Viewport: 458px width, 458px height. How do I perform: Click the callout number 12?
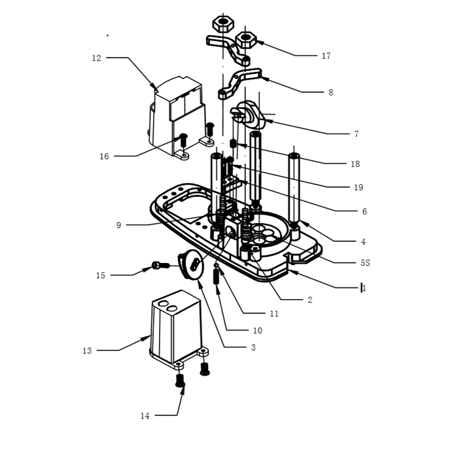click(96, 58)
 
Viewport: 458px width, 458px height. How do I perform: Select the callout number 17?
click(326, 56)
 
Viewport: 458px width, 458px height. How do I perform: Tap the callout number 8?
click(330, 93)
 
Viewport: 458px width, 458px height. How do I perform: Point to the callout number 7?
click(356, 134)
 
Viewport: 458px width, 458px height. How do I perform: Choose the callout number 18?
click(355, 164)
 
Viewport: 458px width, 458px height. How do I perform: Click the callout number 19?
click(358, 188)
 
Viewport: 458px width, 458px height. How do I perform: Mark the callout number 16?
click(104, 156)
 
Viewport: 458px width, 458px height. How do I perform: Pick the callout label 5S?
click(364, 263)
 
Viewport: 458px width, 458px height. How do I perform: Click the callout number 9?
click(118, 225)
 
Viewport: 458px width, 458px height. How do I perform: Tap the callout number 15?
click(100, 275)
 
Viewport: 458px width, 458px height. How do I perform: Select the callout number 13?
click(87, 351)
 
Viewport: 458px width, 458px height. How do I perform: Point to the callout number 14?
click(145, 415)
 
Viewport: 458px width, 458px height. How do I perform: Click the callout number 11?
click(274, 314)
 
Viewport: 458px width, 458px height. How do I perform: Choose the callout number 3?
click(253, 347)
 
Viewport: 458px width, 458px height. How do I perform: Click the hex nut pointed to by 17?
click(247, 40)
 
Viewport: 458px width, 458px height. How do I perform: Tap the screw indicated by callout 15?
click(159, 265)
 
